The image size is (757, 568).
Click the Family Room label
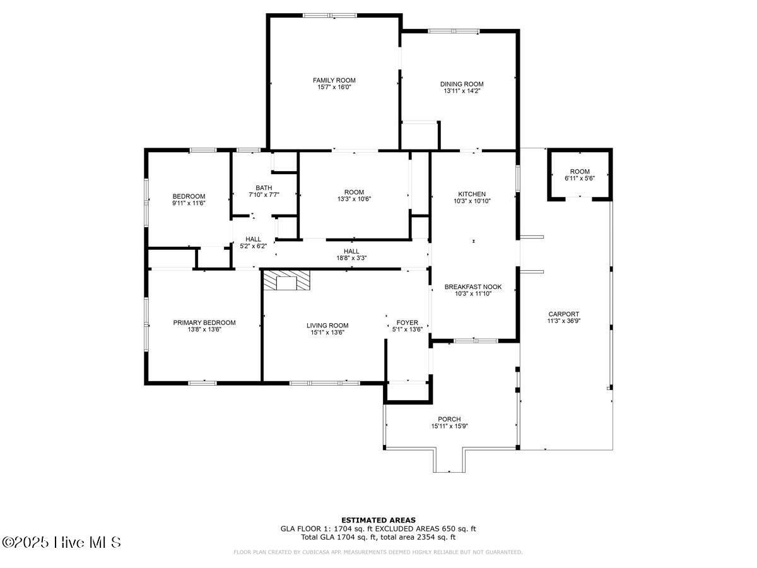tap(334, 80)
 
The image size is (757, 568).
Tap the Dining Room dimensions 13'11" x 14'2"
tap(462, 91)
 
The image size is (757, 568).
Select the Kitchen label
tap(472, 194)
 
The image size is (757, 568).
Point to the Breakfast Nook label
tap(473, 287)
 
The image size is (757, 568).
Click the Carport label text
tap(563, 314)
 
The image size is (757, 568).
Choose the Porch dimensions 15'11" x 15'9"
tap(449, 426)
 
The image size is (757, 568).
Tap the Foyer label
tap(407, 322)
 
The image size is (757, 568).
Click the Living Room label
tap(327, 326)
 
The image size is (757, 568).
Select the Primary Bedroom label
tap(204, 322)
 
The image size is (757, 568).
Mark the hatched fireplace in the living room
tap(286, 280)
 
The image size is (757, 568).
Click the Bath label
tap(264, 188)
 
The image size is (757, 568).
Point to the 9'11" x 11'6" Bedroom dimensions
tap(189, 203)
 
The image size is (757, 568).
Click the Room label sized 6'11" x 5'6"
tap(580, 172)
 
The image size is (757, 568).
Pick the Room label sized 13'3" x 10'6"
tap(354, 192)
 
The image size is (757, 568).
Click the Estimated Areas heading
tap(378, 520)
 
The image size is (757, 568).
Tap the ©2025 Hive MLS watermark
tap(61, 543)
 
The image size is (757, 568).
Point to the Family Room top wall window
tap(330, 15)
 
